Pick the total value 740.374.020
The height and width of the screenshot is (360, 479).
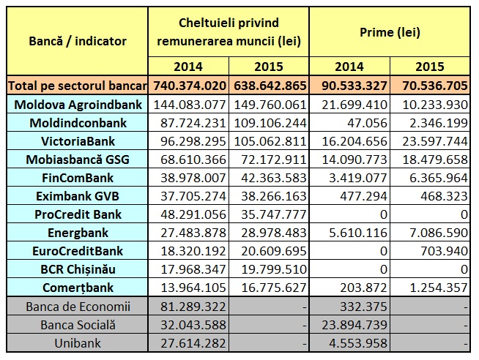pyautogui.click(x=190, y=86)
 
